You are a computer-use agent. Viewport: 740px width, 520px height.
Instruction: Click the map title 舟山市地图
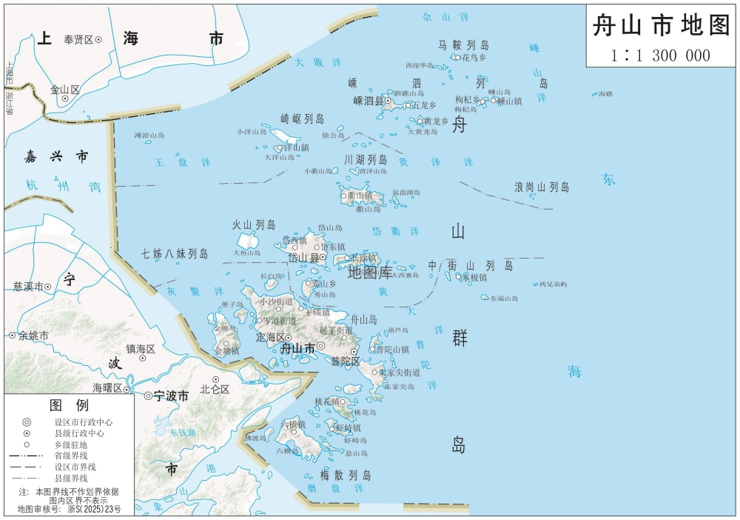[x=661, y=27]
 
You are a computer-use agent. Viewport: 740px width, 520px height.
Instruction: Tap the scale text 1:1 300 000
[x=661, y=56]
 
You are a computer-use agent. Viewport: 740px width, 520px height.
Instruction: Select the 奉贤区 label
[x=78, y=39]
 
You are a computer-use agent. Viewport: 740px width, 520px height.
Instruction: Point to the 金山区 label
[x=65, y=89]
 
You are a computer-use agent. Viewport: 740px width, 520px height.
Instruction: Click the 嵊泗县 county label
[x=367, y=101]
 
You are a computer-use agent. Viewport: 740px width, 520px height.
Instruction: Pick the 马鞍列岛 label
[x=464, y=45]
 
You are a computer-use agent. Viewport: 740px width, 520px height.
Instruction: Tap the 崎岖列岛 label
[x=303, y=119]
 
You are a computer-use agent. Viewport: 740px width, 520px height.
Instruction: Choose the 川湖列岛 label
[x=366, y=159]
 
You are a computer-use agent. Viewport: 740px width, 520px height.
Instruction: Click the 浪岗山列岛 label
[x=542, y=187]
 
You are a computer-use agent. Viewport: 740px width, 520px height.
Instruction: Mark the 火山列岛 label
[x=254, y=224]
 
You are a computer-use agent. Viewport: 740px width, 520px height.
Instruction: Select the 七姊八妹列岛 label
[x=175, y=253]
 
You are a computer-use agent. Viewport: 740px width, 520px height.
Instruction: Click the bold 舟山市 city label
[x=295, y=347]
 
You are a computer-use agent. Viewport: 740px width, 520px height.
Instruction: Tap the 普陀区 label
[x=345, y=361]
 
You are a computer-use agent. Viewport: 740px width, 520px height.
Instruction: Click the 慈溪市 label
[x=27, y=286]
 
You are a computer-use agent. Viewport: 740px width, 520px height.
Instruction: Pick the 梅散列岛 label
[x=346, y=475]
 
